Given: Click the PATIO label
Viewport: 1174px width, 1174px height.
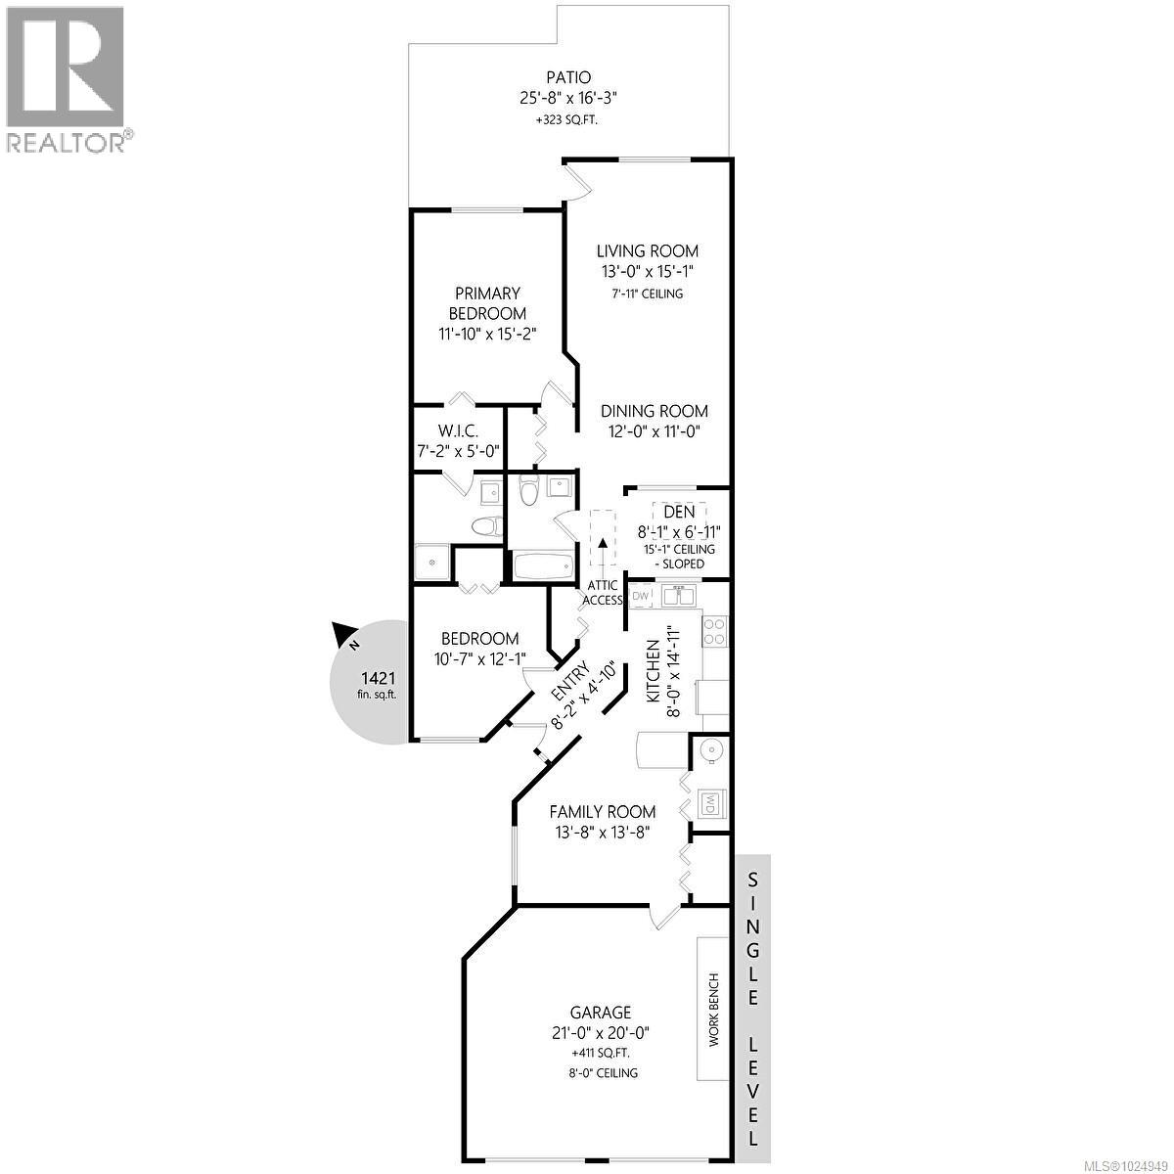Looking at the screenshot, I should pos(567,77).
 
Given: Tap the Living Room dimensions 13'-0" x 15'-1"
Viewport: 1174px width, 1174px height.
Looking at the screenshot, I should pos(649,272).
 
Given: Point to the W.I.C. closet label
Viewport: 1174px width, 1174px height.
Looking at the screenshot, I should pos(458,430).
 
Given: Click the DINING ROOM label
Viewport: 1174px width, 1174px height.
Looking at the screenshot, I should pos(655,411).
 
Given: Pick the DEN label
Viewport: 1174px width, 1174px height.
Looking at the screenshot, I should pos(679,512).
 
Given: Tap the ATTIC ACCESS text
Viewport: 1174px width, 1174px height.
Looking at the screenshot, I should pos(603,593).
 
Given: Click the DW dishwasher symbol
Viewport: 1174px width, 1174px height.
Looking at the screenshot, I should pos(642,595).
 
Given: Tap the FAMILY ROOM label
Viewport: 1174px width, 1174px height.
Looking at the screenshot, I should pos(602,812).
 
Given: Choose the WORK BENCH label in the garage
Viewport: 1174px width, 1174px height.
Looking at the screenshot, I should pos(713,1010).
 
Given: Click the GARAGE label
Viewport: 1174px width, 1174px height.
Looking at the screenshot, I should pos(602,1013).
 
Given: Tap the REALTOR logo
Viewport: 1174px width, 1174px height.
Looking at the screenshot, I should pos(67,79).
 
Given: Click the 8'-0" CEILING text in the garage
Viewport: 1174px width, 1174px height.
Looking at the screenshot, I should pos(602,1072).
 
